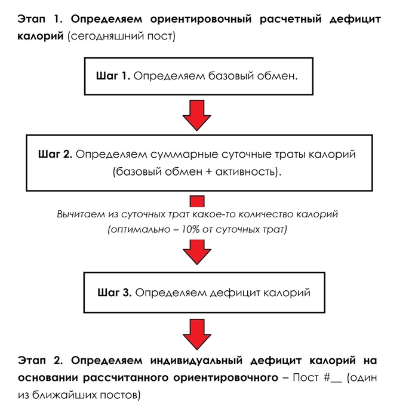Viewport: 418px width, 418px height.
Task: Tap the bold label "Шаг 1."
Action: [113, 77]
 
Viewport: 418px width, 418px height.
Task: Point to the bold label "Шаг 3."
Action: [114, 293]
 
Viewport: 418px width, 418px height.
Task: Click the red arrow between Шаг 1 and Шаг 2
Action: [196, 115]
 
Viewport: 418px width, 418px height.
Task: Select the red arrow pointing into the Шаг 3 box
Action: [196, 251]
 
